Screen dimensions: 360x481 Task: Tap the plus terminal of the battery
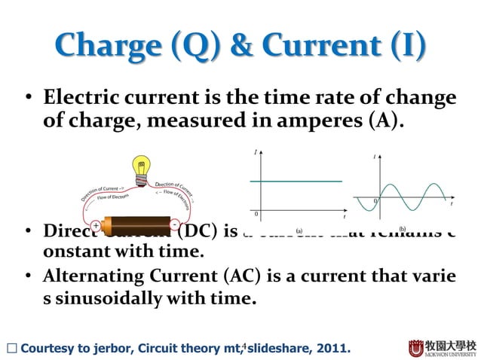(96, 225)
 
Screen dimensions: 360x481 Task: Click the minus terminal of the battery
(174, 224)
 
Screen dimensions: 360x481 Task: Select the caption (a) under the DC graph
(299, 231)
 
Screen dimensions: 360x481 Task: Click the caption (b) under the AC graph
(402, 227)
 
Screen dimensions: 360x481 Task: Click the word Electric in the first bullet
(80, 98)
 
